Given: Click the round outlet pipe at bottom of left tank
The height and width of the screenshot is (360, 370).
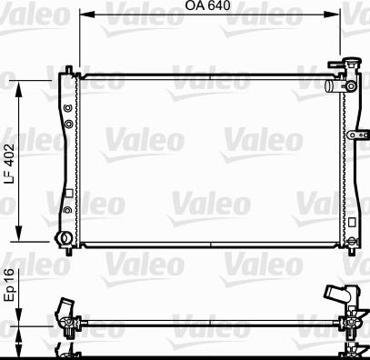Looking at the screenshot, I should (x=64, y=238).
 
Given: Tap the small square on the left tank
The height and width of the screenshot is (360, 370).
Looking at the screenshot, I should (x=68, y=192).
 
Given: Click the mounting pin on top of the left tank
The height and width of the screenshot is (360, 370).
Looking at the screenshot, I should (x=69, y=68).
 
